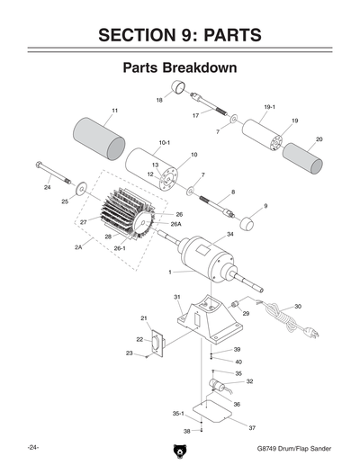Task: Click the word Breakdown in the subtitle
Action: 203,68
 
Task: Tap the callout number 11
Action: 114,111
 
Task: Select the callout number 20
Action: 319,139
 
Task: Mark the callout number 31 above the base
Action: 177,297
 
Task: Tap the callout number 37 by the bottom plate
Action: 253,427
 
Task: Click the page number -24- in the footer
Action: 31,447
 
